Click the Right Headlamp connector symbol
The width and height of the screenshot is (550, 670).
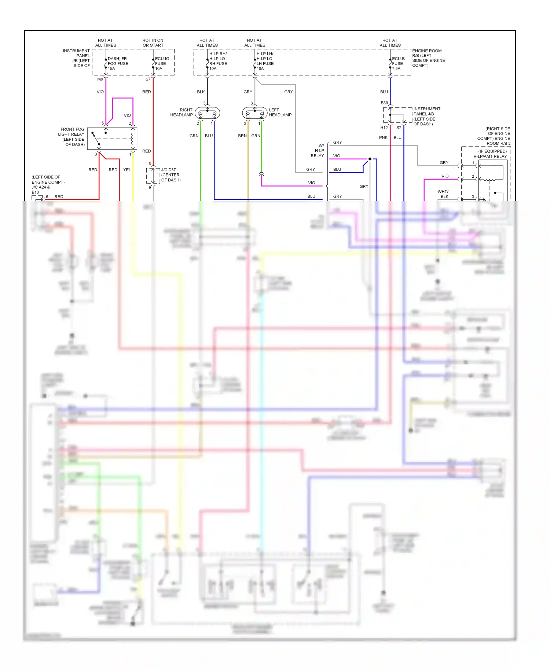[x=208, y=113]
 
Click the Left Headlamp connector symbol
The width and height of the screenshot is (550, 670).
[x=255, y=113]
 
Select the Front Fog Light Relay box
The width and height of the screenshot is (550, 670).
[x=112, y=139]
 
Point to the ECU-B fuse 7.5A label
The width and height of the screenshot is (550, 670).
[x=398, y=63]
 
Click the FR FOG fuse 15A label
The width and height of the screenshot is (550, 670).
[x=117, y=63]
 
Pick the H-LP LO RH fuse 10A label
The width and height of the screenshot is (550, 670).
[x=218, y=61]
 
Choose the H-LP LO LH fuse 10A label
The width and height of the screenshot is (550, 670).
[x=265, y=61]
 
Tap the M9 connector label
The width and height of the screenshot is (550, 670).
[x=100, y=79]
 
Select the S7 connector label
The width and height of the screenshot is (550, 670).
[x=148, y=79]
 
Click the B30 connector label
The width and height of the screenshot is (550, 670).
[x=384, y=103]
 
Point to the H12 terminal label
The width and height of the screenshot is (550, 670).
[x=384, y=128]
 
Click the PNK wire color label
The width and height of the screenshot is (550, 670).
[x=383, y=137]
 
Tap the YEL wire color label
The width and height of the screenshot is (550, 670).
[x=127, y=170]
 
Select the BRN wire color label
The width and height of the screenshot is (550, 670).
[x=242, y=136]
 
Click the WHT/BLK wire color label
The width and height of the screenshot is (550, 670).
[x=443, y=194]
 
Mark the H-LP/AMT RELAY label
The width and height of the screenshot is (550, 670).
[x=490, y=157]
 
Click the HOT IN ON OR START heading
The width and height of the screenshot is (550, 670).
[x=153, y=43]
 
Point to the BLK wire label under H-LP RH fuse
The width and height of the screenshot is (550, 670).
[x=201, y=92]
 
